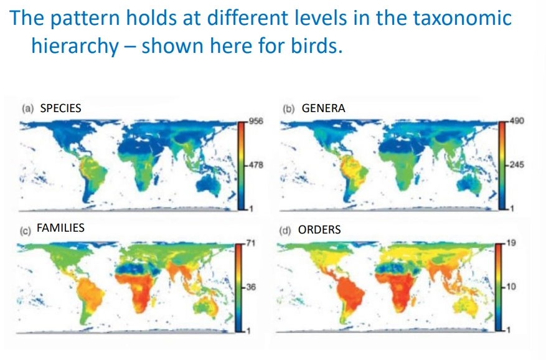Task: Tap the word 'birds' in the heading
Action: pos(318,46)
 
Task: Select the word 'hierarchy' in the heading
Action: pos(74,47)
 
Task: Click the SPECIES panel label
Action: pos(60,108)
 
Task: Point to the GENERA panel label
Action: pos(323,108)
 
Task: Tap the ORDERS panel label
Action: pos(319,229)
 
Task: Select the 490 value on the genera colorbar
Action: pos(516,121)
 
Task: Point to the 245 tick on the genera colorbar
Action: pos(516,165)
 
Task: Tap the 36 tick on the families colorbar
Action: pos(251,287)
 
